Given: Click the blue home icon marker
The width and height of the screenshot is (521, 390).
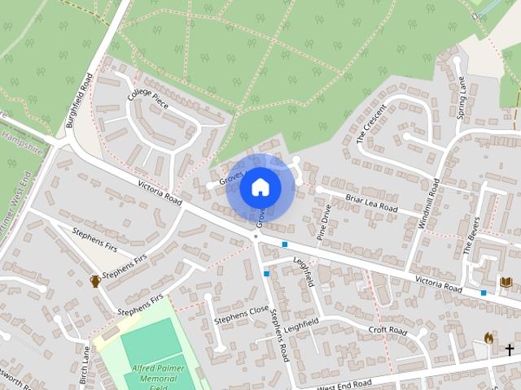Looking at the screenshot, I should (260, 188).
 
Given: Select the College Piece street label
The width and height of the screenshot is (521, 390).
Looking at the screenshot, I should (148, 95).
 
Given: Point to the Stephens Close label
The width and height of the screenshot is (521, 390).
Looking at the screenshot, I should (241, 315).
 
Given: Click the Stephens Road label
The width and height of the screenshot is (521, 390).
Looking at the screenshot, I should (280, 335).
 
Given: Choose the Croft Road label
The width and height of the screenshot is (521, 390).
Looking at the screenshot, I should (387, 331).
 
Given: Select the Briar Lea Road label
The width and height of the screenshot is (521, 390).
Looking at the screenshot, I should (371, 203).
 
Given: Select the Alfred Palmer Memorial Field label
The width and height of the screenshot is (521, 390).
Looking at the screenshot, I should (158, 378).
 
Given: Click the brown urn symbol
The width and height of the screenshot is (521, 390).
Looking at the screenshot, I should (95, 281).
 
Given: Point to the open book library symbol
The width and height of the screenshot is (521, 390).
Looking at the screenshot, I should (506, 282).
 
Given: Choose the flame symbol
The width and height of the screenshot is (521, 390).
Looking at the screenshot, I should (488, 338).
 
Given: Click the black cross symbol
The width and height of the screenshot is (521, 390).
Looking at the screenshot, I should (510, 350).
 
